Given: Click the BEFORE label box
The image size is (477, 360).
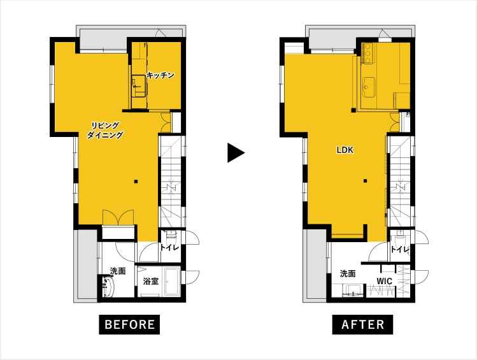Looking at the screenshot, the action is coord(129,324).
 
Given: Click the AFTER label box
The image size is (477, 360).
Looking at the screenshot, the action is coord(362,324).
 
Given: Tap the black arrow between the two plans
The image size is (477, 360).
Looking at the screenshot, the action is coord(236,152).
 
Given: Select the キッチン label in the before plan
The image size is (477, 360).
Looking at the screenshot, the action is coord(160,75).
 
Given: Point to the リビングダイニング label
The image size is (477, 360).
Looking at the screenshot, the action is coord(105,130).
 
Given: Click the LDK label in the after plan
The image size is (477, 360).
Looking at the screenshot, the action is coord(345,150).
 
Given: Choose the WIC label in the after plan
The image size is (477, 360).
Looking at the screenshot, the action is coord(384,281).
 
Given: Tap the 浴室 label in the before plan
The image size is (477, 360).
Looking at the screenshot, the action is coord(151,281).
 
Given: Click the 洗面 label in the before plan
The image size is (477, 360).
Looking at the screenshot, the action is coord(118,271).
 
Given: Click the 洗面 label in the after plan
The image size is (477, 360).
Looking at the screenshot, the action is coord(348,273).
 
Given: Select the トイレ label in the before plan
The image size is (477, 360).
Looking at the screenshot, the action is coord(170,248).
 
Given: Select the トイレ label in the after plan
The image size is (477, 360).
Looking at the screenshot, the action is coord(400,250).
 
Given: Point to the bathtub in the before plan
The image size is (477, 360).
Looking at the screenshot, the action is coord(173,282).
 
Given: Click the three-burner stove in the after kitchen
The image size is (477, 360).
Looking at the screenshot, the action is coord(368,54).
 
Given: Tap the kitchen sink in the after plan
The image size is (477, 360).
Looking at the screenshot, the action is coord(369,88).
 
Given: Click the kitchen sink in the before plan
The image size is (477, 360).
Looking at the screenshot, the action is coord(139,87).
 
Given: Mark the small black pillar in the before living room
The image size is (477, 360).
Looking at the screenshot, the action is coord(136,182).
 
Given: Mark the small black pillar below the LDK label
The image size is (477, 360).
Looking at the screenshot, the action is coord(366,182).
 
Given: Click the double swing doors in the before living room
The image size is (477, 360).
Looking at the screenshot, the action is coord(118,217).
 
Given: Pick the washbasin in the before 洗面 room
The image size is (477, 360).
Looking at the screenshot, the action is coord(109,286).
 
